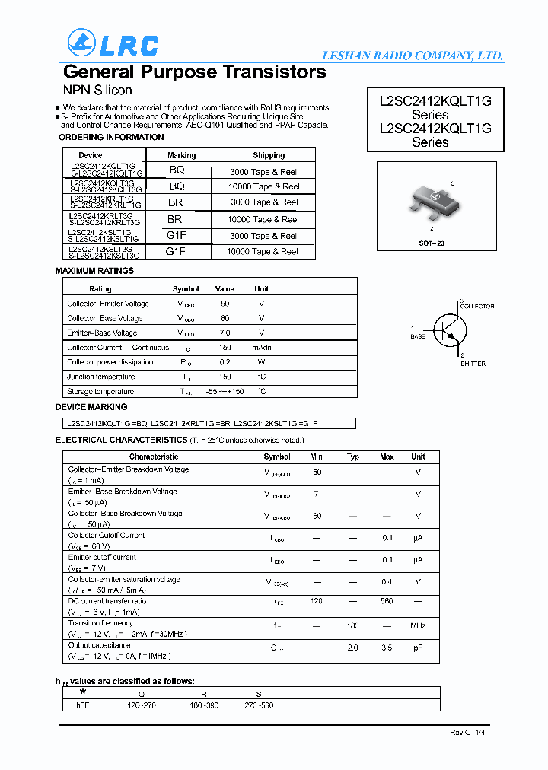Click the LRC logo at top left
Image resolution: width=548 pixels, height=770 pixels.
coord(113,43)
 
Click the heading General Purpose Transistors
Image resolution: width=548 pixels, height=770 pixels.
coord(195,72)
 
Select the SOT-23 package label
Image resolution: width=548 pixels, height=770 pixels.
coord(431,242)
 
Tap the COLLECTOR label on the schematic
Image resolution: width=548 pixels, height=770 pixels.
coord(476,306)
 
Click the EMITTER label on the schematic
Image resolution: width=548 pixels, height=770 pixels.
coord(473,364)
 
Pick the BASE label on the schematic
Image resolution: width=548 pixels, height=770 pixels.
coord(418,336)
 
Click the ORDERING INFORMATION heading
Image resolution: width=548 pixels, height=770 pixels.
coord(111,137)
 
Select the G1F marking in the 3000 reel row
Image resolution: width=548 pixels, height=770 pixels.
coord(177,235)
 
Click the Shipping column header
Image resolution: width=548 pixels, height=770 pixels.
coord(269,155)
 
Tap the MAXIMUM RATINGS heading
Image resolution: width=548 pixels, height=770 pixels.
coord(94,271)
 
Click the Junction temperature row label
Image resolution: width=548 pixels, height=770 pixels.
coord(101,377)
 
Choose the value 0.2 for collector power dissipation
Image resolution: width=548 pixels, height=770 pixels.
coord(225,362)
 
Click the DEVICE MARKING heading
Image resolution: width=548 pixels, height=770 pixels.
coord(91,407)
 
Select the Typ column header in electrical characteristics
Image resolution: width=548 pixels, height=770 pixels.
coord(353,457)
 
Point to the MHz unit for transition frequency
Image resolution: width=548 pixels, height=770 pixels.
coord(418,625)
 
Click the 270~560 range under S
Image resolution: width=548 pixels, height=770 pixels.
coord(259,705)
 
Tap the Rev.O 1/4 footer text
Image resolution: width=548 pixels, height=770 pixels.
coord(467,731)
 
